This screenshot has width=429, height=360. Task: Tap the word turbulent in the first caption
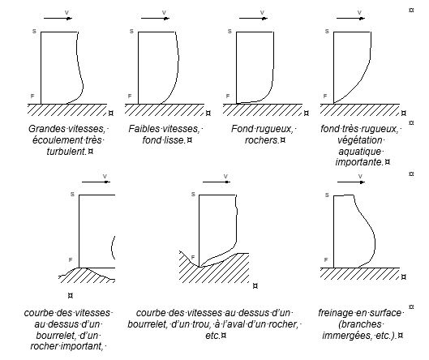coord(66,151)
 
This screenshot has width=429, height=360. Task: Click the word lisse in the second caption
coord(175,139)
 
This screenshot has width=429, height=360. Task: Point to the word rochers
coord(262,139)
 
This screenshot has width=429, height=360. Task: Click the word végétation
coord(359,139)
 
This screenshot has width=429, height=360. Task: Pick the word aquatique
coord(359,151)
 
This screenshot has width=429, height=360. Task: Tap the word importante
coord(359,162)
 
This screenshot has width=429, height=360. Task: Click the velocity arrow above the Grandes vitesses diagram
coord(58,19)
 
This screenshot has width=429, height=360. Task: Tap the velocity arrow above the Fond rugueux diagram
coord(253,19)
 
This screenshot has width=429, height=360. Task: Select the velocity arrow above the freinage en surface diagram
coord(351,182)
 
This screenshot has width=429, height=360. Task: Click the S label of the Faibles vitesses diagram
coord(131,32)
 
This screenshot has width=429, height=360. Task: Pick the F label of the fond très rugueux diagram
coord(325,96)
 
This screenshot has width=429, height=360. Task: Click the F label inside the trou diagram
coord(193,257)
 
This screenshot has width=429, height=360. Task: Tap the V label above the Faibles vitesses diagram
coord(164,13)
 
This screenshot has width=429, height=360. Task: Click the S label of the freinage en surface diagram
coord(327,195)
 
